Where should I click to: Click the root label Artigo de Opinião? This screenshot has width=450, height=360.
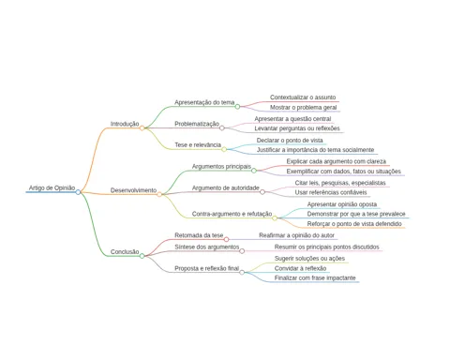coord(52,187)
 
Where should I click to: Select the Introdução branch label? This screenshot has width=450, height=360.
coord(125,124)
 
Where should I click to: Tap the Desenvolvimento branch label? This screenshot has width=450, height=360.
coord(133,190)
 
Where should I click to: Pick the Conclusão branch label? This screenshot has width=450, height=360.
coord(125,251)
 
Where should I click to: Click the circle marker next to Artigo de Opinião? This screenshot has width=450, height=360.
coord(78,192)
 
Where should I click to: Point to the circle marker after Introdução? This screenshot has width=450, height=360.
coord(142,127)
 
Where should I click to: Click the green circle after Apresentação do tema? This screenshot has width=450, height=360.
coord(237,107)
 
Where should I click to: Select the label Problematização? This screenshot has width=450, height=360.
coord(197,124)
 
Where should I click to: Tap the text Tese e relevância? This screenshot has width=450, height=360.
coord(198,144)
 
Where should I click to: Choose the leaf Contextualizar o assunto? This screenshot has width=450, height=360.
coord(303,97)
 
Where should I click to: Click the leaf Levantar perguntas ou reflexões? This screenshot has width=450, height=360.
coord(297,128)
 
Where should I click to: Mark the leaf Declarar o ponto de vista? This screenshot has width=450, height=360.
coord(290,141)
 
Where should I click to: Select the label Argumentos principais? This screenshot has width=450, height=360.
coord(221,166)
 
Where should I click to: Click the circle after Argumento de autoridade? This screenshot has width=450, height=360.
coord(262,192)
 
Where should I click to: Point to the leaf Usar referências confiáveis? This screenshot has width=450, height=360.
coord(331,192)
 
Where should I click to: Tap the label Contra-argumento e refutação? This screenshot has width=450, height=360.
coord(232,214)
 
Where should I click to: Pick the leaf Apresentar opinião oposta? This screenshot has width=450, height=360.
coord(342,204)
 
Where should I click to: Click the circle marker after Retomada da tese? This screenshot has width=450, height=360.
coord(226,239)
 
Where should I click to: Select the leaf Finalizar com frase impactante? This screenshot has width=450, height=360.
coord(315,277)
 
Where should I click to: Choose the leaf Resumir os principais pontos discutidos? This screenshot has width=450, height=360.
coord(327,247)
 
